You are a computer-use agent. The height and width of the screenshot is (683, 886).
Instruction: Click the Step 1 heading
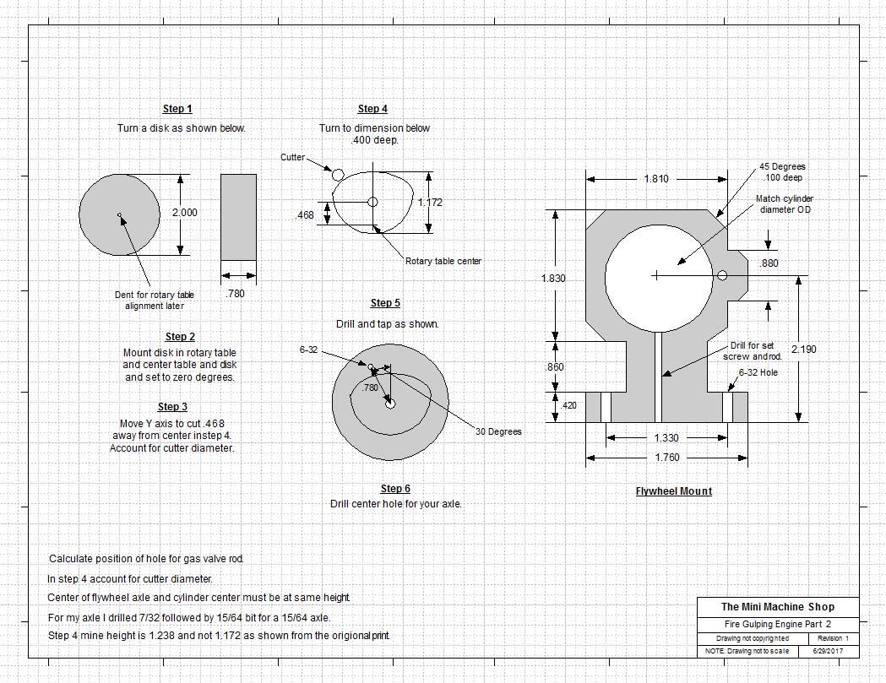177,109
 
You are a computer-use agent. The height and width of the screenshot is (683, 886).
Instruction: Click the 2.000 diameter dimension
184,213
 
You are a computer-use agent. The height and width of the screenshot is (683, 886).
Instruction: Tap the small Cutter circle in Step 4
338,175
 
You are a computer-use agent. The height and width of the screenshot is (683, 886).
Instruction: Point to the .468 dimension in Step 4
305,215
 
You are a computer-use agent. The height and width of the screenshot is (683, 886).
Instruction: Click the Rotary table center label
443,261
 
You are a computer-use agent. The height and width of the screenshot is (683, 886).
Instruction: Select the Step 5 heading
385,303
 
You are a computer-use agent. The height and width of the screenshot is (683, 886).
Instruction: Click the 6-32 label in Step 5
308,350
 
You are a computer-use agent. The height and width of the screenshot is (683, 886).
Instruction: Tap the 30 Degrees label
498,431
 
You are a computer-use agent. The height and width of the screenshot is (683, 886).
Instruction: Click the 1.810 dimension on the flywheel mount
656,179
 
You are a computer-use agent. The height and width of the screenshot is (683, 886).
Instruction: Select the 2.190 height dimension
803,349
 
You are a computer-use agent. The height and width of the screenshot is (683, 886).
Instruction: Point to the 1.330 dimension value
666,438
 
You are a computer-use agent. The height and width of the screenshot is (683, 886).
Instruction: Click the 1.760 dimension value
666,458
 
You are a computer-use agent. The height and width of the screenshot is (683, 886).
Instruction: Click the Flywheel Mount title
674,491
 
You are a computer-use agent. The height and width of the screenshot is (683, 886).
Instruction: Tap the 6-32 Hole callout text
758,372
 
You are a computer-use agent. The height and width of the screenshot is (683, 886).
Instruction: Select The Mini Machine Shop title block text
777,606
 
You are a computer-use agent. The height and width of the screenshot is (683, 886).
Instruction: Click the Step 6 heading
395,489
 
